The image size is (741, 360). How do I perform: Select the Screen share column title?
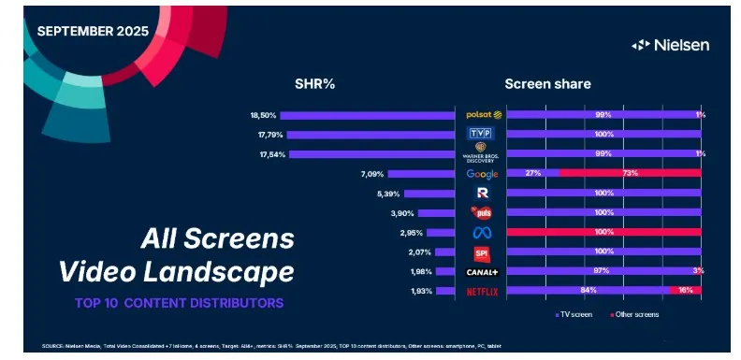pos(547,84)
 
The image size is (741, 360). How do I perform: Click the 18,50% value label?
pos(263,115)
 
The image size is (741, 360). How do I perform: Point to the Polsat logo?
pos(484,115)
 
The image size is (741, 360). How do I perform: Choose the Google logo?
pos(483,174)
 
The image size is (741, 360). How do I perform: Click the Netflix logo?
pos(483,292)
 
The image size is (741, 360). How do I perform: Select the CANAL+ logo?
pos(483,272)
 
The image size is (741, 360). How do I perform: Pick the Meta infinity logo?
pos(483,233)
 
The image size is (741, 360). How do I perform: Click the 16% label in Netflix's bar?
pos(687,292)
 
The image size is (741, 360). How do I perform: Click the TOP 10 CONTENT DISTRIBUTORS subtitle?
pos(179,304)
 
